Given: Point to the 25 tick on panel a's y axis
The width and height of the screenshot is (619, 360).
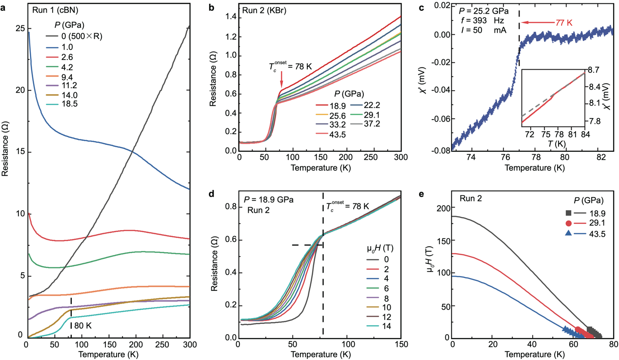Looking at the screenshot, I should [x=19, y=29].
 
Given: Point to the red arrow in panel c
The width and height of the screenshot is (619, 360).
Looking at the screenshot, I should [x=537, y=22].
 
